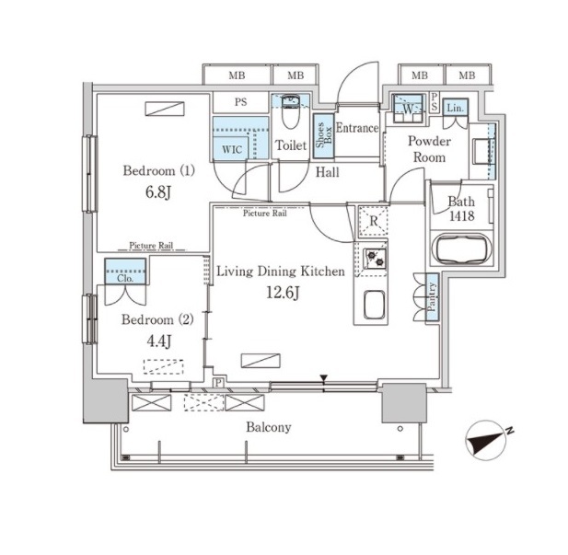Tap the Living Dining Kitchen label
tap(280, 272)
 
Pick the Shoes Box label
tap(322, 136)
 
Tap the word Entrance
tap(356, 128)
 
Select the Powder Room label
tap(429, 149)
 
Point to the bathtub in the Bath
tap(460, 251)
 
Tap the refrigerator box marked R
tap(372, 221)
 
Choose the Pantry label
tap(432, 297)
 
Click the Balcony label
tap(270, 427)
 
